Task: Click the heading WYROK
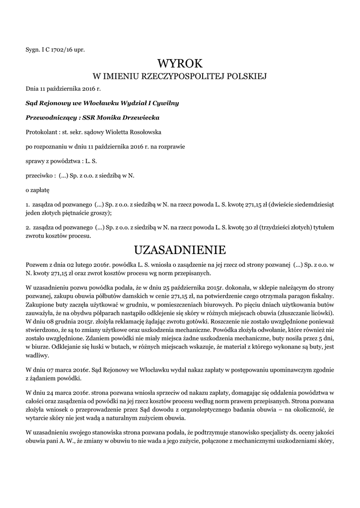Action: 180,63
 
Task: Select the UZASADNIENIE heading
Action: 180,248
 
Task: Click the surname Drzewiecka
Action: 141,118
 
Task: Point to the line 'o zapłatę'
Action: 37,190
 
